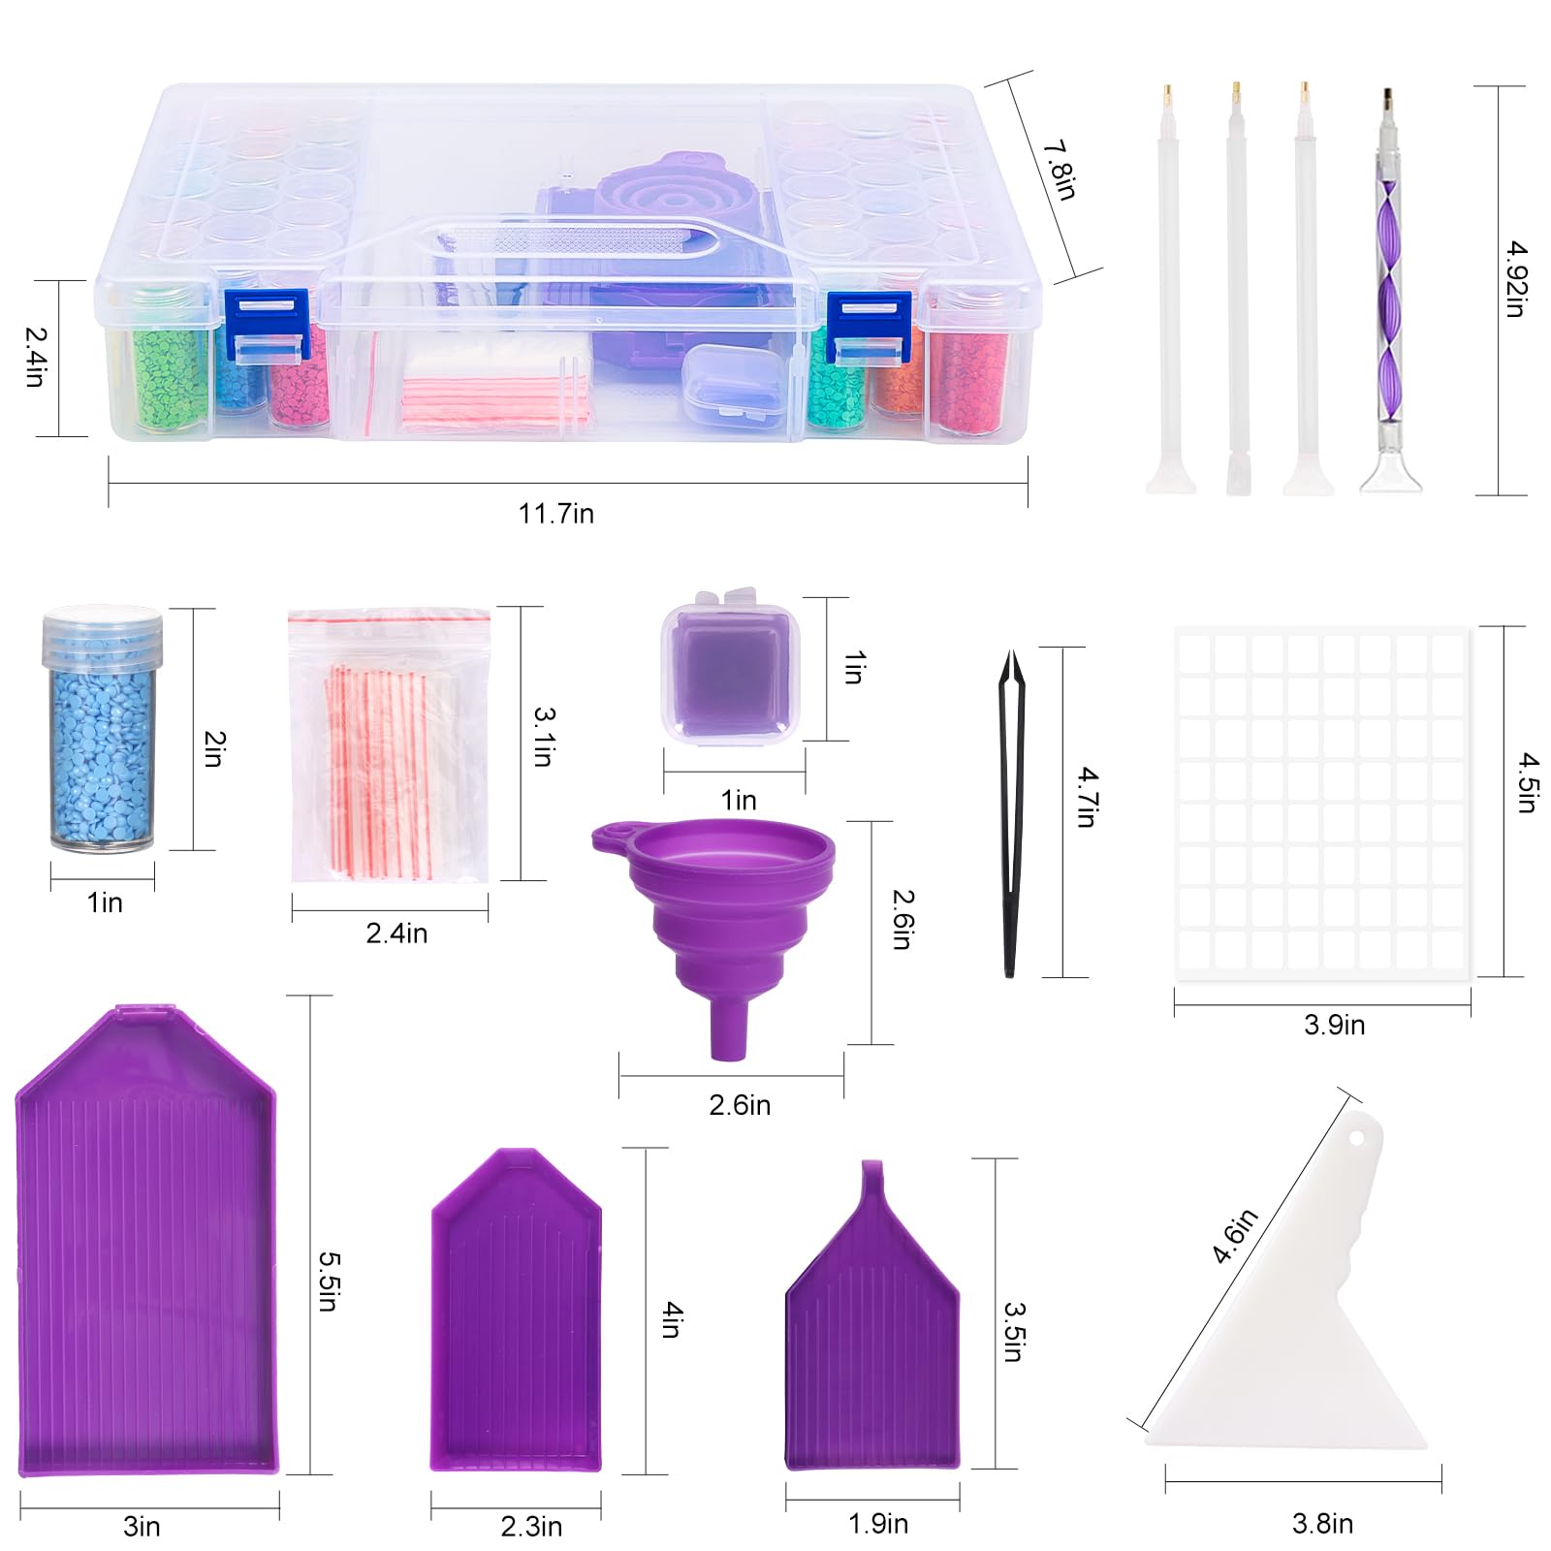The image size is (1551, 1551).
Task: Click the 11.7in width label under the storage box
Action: click(x=555, y=513)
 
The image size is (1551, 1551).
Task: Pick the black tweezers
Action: click(x=1010, y=813)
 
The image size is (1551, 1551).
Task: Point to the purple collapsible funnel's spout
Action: click(x=729, y=1028)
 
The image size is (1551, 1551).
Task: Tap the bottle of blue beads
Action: click(x=102, y=729)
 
